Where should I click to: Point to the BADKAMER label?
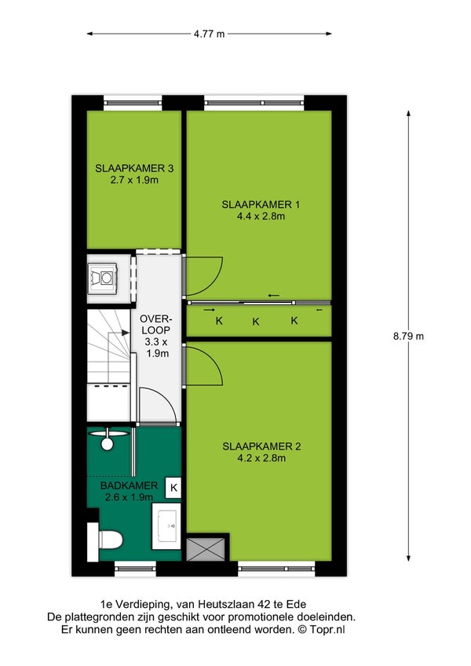129,486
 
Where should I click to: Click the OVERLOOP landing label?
156,324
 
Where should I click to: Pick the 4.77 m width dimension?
209,34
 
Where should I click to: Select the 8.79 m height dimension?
408,337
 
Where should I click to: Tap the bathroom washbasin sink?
166,526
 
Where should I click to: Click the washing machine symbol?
102,278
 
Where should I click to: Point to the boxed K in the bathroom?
173,488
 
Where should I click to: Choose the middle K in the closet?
255,322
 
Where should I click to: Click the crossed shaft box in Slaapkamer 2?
206,549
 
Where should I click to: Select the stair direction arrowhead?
126,333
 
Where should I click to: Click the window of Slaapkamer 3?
133,102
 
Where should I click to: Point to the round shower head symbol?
107,444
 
